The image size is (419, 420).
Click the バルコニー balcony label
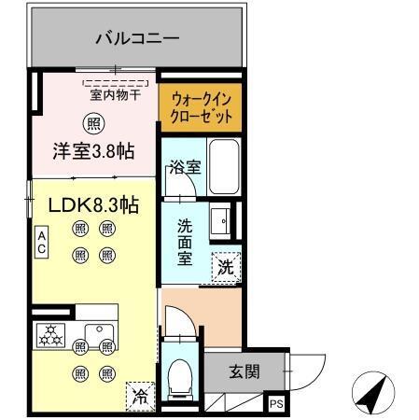tap(137, 39)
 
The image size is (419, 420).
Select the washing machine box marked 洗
tap(226, 266)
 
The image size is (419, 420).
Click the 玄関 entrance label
tap(244, 371)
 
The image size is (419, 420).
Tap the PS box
tap(276, 404)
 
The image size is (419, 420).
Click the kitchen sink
tap(96, 333)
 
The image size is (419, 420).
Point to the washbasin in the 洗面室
tap(222, 220)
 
